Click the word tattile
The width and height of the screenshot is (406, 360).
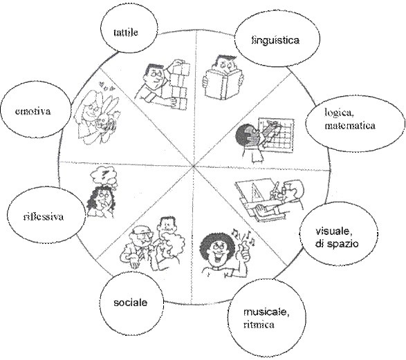[x=126, y=32]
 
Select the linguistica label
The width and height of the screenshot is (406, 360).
[x=275, y=40]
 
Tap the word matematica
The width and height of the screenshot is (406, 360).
[x=350, y=126]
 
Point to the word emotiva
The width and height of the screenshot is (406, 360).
[x=33, y=111]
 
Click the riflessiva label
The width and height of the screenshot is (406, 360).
[x=44, y=216]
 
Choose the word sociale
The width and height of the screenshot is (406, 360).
[x=131, y=303]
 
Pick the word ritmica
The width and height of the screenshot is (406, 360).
[x=259, y=324]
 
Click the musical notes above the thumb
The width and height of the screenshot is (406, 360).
[x=244, y=236]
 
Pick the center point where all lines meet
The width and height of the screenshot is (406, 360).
[x=194, y=166]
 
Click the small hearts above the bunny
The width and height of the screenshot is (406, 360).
[x=107, y=87]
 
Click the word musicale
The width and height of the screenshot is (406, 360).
[x=266, y=312]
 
